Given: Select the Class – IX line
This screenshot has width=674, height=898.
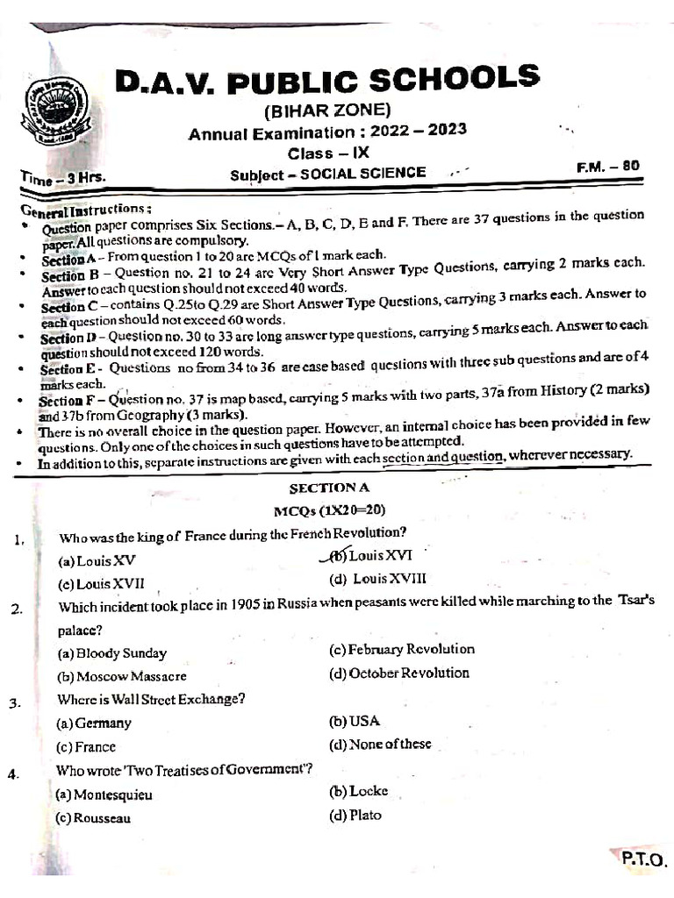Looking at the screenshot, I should click(328, 153).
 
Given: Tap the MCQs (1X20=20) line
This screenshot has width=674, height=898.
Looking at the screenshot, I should click(329, 510).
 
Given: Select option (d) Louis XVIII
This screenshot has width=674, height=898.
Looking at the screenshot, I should click(377, 579).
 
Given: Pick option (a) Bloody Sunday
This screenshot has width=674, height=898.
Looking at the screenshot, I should click(111, 653).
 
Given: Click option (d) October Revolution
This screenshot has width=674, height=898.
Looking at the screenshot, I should click(399, 673).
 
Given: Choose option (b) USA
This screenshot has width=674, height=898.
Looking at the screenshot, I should click(355, 721).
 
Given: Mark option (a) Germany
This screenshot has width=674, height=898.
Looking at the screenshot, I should click(94, 723).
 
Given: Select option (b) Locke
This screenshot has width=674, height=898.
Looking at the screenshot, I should click(358, 791).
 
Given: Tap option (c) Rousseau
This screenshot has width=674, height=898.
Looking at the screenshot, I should click(94, 817).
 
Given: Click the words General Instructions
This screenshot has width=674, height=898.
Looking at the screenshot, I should click(85, 210).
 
